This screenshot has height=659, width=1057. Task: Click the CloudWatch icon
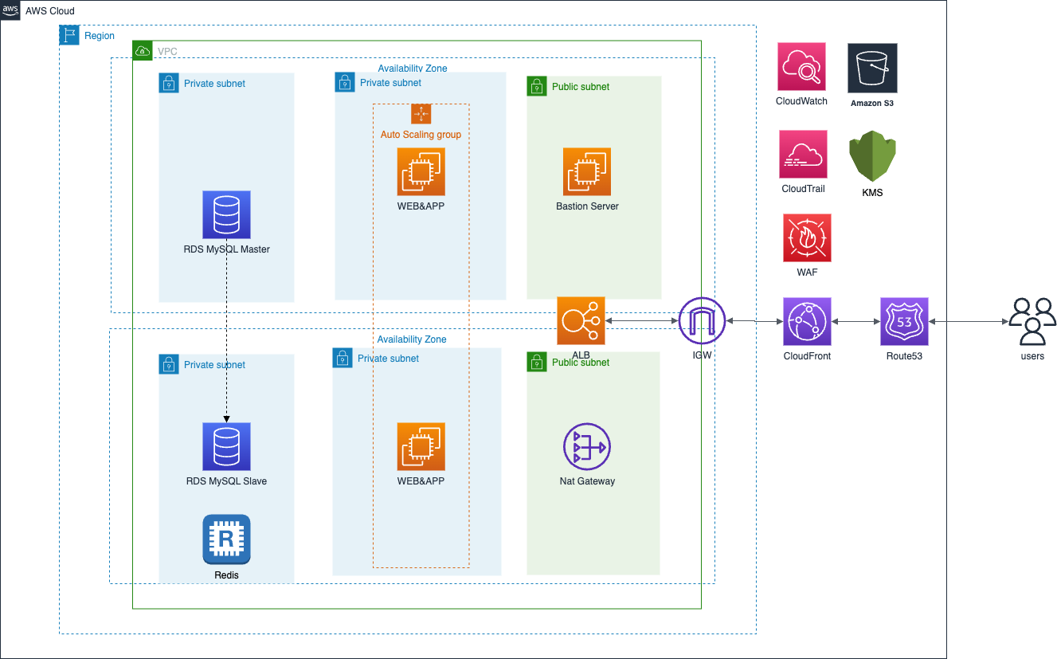801,67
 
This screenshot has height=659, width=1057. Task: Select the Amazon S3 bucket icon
872,68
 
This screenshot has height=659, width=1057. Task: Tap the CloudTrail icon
803,155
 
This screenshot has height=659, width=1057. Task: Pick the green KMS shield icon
872,155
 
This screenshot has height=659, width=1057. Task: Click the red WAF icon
807,238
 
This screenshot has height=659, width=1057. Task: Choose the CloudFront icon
807,321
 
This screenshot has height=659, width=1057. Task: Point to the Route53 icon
904,321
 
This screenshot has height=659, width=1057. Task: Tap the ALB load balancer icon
581,321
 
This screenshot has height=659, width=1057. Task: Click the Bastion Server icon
586,172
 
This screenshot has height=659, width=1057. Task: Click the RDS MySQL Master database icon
226,215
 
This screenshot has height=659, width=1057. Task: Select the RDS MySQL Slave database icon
226,446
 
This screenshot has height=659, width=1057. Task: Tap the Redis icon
226,539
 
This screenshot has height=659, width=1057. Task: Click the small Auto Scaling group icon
421,114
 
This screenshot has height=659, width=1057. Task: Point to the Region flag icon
69,35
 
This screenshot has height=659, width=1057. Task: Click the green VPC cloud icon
143,51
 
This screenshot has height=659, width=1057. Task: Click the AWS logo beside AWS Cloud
10,10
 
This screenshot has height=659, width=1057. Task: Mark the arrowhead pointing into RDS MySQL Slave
226,419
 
